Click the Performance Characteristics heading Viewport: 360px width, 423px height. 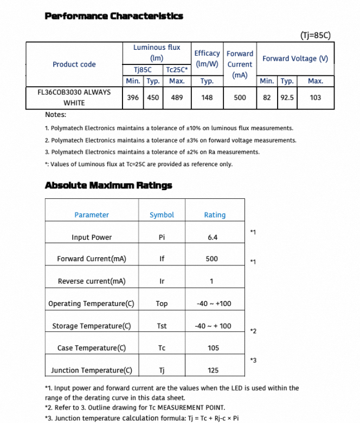(x=114, y=16)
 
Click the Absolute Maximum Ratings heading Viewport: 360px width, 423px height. (x=108, y=185)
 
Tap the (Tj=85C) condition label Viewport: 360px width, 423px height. (x=315, y=36)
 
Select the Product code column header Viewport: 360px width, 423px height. (x=74, y=64)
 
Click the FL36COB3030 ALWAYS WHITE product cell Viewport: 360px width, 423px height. (x=74, y=97)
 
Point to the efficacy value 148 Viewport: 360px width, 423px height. (x=207, y=97)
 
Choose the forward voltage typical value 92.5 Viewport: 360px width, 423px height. (x=287, y=97)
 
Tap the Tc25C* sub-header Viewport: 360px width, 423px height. (x=177, y=70)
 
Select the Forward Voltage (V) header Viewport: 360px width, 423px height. (x=295, y=58)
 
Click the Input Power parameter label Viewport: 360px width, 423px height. (x=92, y=237)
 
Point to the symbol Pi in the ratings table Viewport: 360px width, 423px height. (x=162, y=237)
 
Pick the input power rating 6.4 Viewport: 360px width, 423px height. (x=213, y=237)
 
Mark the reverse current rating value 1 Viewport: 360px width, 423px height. (x=211, y=281)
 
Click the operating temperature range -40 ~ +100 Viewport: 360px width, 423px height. (x=214, y=303)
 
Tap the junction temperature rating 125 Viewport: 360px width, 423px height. (x=213, y=370)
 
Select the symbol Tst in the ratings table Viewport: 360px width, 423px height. (x=162, y=326)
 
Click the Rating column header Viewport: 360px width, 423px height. (x=215, y=215)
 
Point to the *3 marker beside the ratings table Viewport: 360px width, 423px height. (x=253, y=360)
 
